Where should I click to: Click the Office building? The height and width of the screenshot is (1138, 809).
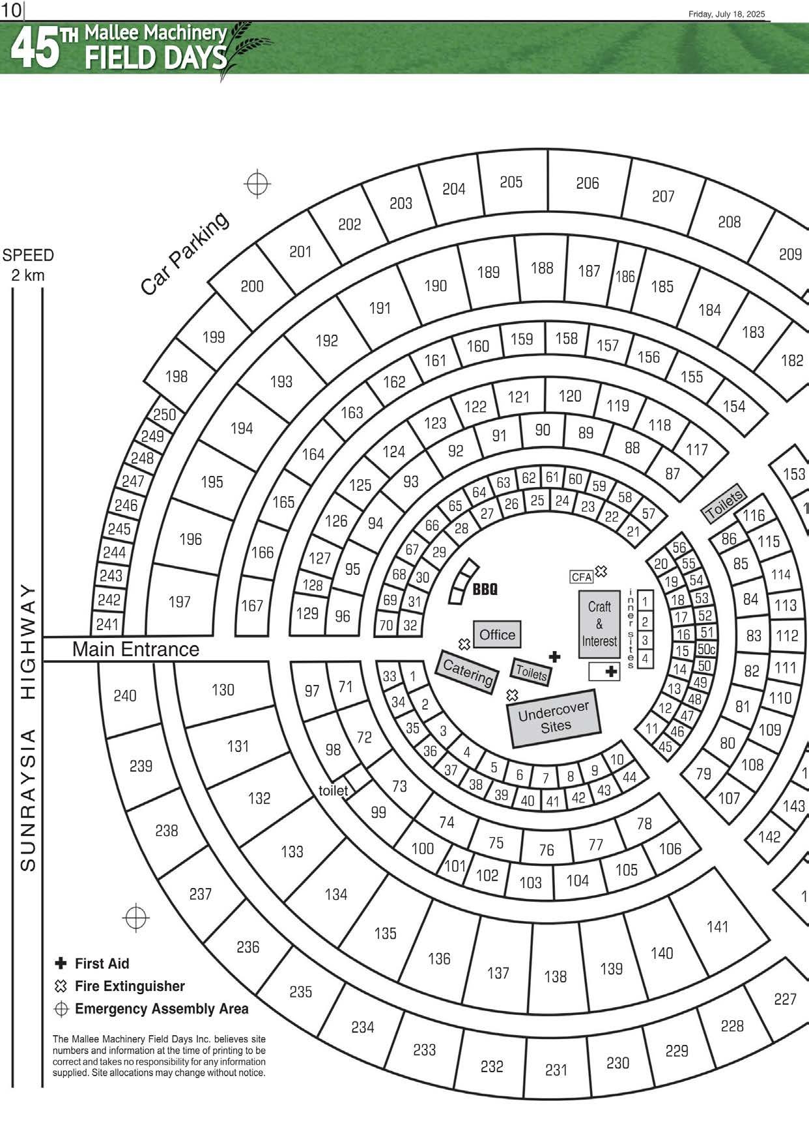tap(497, 634)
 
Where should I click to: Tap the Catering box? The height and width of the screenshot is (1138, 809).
tap(467, 672)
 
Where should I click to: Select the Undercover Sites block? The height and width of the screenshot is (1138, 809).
tap(554, 717)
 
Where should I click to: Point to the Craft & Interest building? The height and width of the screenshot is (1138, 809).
tap(599, 624)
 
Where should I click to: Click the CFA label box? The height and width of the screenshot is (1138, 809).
tap(581, 577)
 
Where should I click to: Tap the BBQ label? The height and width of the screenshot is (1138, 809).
tap(485, 589)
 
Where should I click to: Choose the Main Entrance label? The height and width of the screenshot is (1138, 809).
tap(135, 649)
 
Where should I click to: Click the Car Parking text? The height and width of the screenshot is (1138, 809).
tap(184, 253)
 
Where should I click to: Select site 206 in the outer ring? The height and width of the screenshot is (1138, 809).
tap(587, 184)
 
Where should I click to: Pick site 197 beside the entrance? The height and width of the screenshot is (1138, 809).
tap(180, 602)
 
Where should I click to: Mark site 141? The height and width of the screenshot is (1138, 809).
tap(717, 926)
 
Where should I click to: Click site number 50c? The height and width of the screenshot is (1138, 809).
tap(706, 649)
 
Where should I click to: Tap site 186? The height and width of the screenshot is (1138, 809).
tap(625, 277)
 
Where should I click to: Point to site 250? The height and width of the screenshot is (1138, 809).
tap(164, 415)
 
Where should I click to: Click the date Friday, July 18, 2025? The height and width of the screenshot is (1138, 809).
tap(727, 14)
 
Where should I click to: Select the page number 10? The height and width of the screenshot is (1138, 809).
tap(11, 10)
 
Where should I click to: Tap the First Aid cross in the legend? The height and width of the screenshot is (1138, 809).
tap(61, 963)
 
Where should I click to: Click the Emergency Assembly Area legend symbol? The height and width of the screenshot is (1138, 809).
tap(61, 1009)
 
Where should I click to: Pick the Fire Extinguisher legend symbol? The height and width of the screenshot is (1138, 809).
tap(61, 986)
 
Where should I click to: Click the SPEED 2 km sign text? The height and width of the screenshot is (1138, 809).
tap(28, 265)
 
